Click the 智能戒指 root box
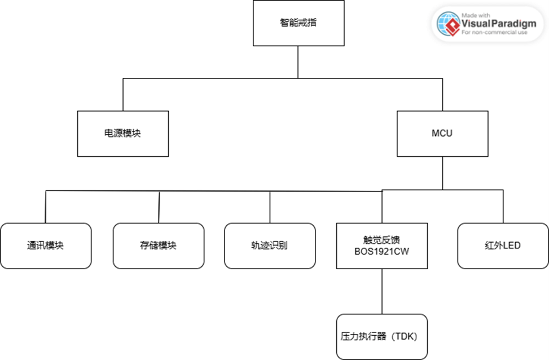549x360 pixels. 298,23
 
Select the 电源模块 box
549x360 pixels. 122,134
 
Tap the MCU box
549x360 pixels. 442,134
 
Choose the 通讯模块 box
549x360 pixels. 45,245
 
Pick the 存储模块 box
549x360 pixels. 158,245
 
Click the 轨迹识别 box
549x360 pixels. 270,245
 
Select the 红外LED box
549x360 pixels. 502,245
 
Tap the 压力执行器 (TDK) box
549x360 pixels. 381,336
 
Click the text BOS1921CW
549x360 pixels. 382,252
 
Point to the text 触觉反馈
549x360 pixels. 382,240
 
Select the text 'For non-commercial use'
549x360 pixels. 494,33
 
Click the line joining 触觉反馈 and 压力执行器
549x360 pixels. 382,291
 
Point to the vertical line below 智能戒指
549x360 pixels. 298,62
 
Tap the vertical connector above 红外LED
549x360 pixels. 502,206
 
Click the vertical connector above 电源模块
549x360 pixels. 123,94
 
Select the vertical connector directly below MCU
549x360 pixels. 442,172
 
